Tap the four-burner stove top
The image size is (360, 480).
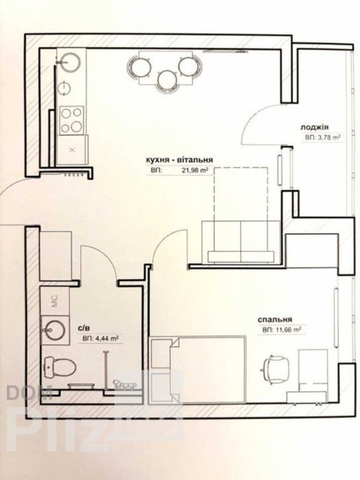72,120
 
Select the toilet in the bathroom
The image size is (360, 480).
59,367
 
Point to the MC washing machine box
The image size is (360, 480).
55,301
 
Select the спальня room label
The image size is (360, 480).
274,319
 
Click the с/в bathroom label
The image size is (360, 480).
84,329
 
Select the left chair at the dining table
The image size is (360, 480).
139,67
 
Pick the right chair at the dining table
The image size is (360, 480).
190,66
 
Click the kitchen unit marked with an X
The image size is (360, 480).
72,150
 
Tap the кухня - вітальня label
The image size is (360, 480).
179,160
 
